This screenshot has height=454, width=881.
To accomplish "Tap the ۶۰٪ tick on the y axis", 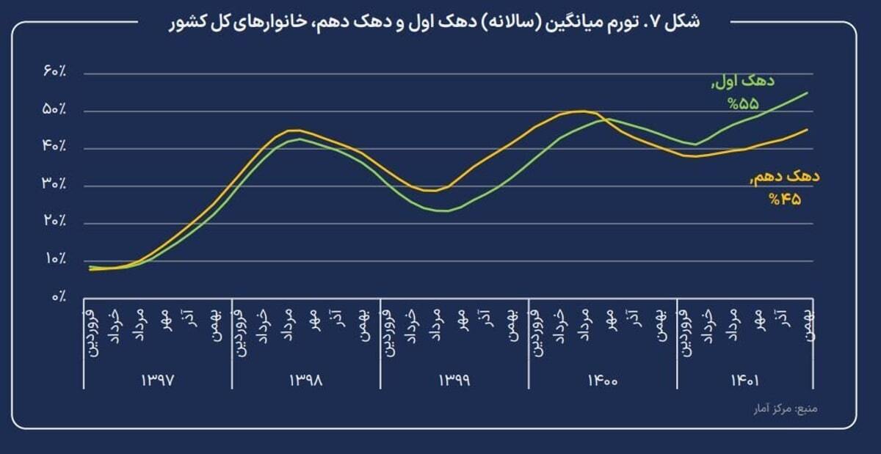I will [55, 73].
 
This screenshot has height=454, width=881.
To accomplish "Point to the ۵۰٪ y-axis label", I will [55, 110].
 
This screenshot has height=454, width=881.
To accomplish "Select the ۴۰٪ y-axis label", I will [55, 147].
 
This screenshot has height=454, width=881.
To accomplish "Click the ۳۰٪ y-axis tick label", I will [55, 185].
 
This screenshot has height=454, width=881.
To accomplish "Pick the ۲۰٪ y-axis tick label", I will [55, 222].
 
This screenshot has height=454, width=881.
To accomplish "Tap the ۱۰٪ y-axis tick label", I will [55, 260].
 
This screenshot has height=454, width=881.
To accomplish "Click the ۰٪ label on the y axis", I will [59, 297].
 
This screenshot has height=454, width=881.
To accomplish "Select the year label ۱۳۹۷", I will [158, 381].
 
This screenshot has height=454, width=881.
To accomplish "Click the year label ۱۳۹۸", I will [305, 381].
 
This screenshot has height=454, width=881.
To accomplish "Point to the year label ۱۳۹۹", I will [454, 381].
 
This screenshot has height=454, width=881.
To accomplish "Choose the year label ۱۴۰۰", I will [602, 381].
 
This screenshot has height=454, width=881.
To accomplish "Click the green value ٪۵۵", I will [742, 104].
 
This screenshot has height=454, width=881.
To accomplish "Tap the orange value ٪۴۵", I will [784, 198].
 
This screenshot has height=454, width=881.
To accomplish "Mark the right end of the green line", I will [808, 92].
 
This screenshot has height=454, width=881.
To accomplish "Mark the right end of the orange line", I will [808, 129].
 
